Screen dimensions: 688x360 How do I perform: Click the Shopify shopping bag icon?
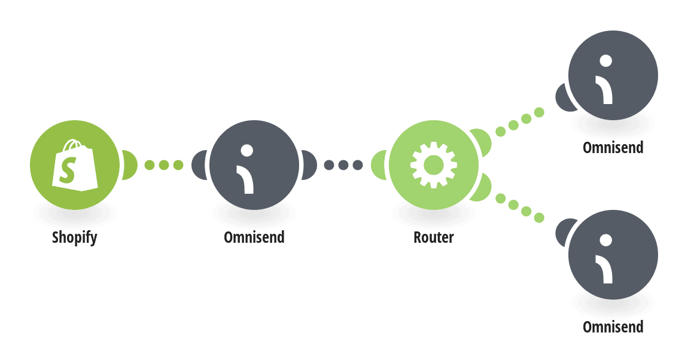pyautogui.click(x=75, y=165)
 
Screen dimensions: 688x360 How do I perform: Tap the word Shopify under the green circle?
pyautogui.click(x=75, y=237)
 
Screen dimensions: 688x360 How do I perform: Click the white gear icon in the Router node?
pyautogui.click(x=434, y=165)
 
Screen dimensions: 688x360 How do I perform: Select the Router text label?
pyautogui.click(x=434, y=237)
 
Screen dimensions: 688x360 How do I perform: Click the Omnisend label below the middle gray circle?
pyautogui.click(x=254, y=237)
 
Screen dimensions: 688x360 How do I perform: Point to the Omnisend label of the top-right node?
pyautogui.click(x=613, y=147)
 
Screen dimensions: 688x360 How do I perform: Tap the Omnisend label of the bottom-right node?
pyautogui.click(x=613, y=327)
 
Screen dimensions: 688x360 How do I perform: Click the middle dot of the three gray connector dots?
pyautogui.click(x=343, y=165)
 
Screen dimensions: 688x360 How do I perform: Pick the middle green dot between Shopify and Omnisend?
pyautogui.click(x=164, y=165)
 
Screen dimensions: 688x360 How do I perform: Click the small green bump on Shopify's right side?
pyautogui.click(x=129, y=165)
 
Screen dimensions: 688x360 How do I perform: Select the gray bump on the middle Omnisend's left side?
pyautogui.click(x=200, y=165)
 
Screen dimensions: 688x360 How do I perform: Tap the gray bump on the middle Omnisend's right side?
pyautogui.click(x=309, y=165)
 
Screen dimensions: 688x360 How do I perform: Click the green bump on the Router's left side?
pyautogui.click(x=379, y=165)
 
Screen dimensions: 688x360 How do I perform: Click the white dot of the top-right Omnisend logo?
pyautogui.click(x=606, y=60)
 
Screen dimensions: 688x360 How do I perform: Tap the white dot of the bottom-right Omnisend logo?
pyautogui.click(x=606, y=240)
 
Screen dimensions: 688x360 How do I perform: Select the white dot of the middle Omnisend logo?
pyautogui.click(x=247, y=151)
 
